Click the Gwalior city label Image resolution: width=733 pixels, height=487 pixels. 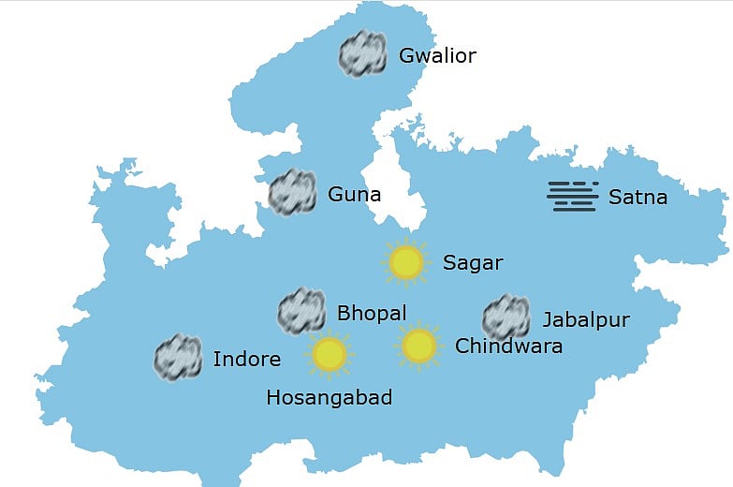pos(437,56)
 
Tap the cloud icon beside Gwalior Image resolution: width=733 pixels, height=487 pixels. pos(362,53)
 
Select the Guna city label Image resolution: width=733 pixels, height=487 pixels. pos(354,196)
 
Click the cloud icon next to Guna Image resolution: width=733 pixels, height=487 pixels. pos(292,193)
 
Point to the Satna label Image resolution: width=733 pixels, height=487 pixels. pos(638,198)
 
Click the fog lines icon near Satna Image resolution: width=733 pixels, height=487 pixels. pos(572,196)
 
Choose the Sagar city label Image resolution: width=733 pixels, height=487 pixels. pos(472,263)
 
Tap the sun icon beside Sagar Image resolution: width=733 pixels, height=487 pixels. pos(405,263)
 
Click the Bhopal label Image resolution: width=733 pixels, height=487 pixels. pos(371,313)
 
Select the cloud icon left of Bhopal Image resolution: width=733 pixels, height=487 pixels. pos(301,312)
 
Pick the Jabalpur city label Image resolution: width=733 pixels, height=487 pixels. pos(585,320)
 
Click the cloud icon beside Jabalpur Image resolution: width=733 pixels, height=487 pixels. pos(506,317)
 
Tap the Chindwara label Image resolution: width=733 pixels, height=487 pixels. pos(508,347)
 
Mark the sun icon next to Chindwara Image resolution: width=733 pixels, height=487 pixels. pos(418,346)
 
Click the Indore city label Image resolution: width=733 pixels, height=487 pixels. pos(246,359)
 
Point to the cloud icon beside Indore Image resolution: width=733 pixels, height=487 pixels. pos(178,357)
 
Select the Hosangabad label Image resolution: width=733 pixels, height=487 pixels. pos(329,398)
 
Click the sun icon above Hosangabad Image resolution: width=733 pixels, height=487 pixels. pos(329,354)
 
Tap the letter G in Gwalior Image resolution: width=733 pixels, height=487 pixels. pos(406,56)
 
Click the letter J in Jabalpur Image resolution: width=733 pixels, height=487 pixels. pos(547,321)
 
